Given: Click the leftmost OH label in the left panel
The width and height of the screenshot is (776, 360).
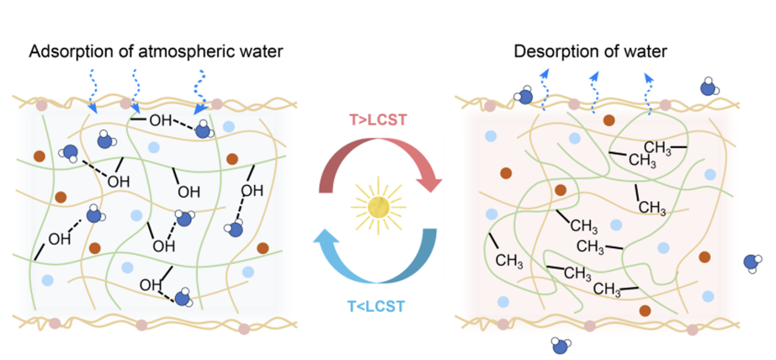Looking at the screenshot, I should [59, 239].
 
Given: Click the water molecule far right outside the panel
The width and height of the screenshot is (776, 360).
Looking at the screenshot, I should [754, 262].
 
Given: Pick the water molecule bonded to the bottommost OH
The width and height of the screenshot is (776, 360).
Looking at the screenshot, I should [183, 298].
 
